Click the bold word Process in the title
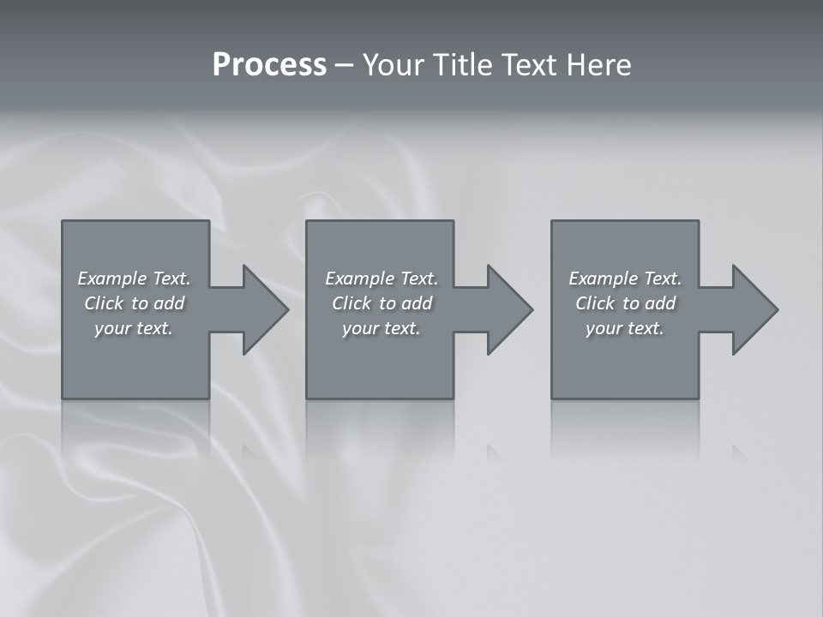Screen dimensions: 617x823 tap(269, 65)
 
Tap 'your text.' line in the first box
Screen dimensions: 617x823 tap(135, 328)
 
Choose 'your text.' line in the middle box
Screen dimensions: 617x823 tap(381, 328)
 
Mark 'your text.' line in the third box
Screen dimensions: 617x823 tap(625, 328)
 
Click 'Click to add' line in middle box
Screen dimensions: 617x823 tap(381, 303)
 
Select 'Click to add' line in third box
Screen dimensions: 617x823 tap(625, 303)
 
